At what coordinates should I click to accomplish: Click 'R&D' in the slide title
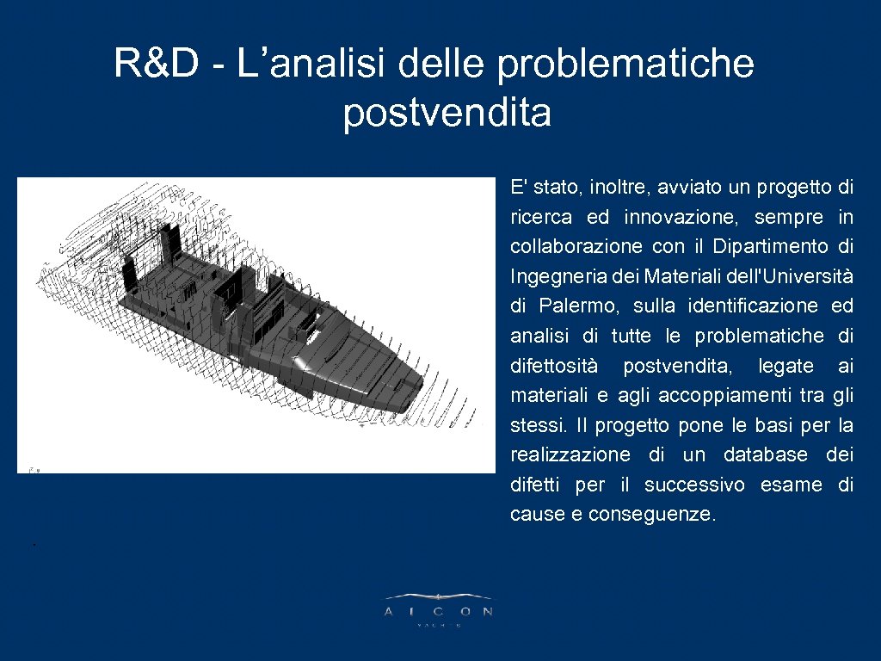(156, 63)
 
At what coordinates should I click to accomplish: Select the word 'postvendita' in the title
(447, 113)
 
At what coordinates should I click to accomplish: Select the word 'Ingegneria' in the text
(551, 277)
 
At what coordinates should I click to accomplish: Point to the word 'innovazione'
(678, 217)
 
